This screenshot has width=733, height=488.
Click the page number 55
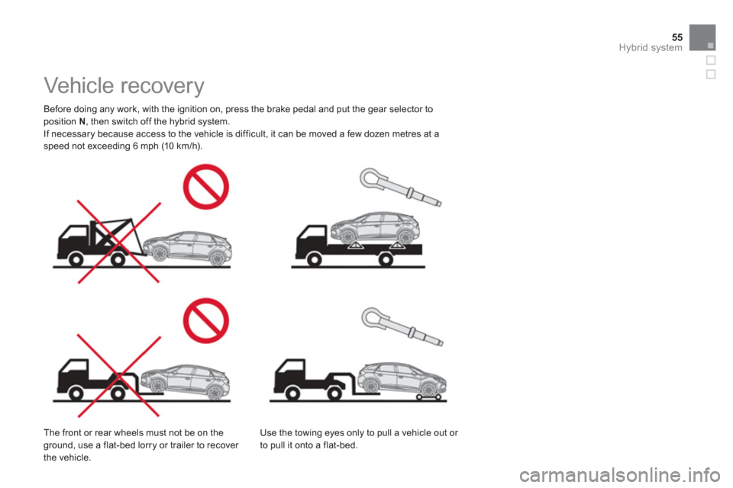point(677,37)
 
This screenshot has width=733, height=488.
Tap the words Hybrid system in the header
point(651,47)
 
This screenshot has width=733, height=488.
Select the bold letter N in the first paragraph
point(82,121)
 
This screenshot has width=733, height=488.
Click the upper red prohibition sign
point(205,187)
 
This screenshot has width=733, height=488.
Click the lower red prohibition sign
point(205,320)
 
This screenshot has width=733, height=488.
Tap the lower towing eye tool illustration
point(402,326)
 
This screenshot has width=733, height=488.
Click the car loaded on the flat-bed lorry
point(375,228)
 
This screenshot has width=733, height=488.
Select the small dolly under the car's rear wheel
point(429,396)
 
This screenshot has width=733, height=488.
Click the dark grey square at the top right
point(702,37)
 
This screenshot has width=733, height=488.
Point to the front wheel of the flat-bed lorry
point(314,260)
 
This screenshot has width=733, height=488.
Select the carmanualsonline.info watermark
point(619,475)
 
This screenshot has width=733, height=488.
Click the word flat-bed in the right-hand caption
point(340,445)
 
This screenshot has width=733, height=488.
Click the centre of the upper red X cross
point(119,242)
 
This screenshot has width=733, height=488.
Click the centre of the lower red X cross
point(119,375)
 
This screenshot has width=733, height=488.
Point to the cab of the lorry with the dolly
point(290,374)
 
